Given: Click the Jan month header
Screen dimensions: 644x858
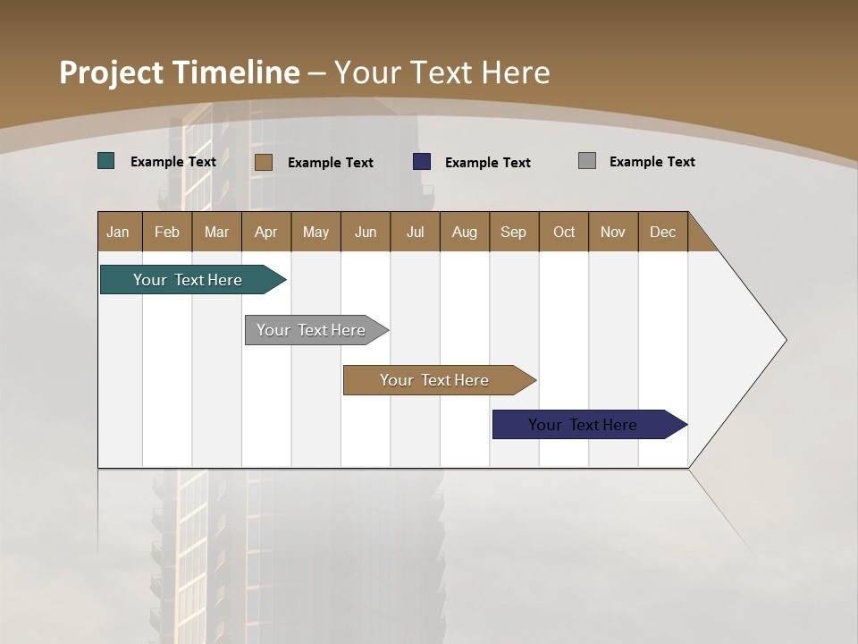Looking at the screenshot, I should coord(119,232).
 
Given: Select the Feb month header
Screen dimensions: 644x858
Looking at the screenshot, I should coord(167,232).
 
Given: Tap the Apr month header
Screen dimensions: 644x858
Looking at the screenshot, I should coord(265,232).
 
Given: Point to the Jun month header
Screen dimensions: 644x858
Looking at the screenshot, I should coord(366,232).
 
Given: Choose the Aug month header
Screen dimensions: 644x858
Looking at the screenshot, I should coord(464,232).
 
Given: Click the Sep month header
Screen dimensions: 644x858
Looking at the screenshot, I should coord(513,232).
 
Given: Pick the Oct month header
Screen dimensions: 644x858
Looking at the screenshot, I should coord(564,232).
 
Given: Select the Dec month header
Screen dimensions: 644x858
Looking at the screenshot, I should coord(662,232).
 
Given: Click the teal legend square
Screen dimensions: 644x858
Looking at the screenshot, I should coord(106,161).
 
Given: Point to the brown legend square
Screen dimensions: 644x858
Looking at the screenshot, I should coord(263,162).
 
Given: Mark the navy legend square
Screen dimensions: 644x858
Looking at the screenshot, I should coord(422,162).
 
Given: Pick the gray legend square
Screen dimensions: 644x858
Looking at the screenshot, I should coord(587,161).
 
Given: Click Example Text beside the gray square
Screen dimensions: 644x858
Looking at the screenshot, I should coord(652,162).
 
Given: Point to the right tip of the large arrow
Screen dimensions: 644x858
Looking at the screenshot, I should coord(784,340).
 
